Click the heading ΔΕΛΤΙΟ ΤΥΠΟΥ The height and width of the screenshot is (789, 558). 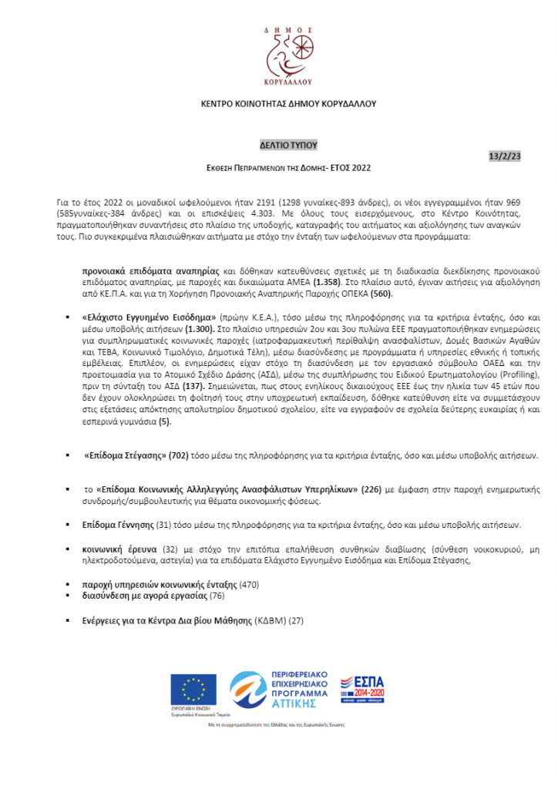point(279,144)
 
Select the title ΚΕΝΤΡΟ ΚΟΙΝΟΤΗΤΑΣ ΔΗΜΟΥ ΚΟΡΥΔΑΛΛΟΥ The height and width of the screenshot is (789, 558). point(278,104)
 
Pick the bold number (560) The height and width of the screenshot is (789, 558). point(405,294)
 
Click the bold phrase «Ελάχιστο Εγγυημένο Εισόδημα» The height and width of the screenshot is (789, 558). point(150,317)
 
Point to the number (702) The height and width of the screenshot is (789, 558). point(180,455)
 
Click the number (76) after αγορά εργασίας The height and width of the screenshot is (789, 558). point(217,596)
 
